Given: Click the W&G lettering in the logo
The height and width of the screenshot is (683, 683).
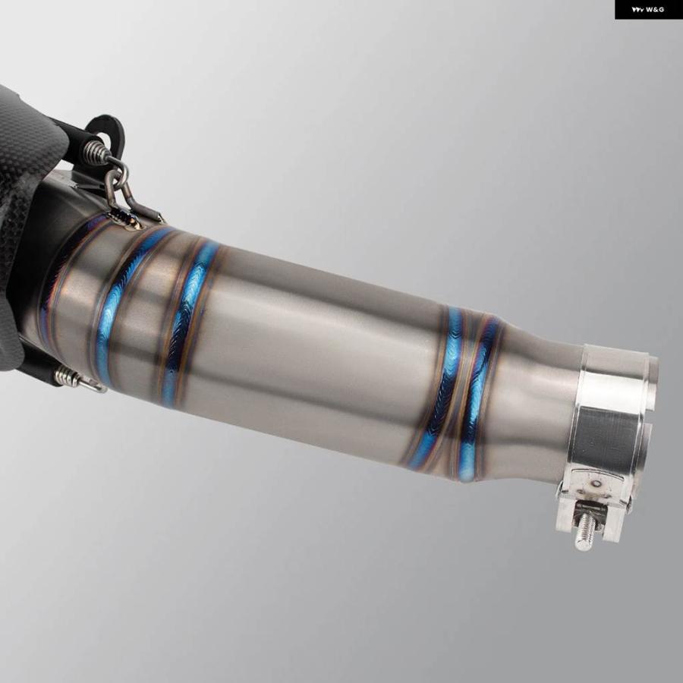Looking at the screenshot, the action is [655, 10].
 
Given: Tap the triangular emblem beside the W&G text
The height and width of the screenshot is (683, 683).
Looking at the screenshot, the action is [637, 10].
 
